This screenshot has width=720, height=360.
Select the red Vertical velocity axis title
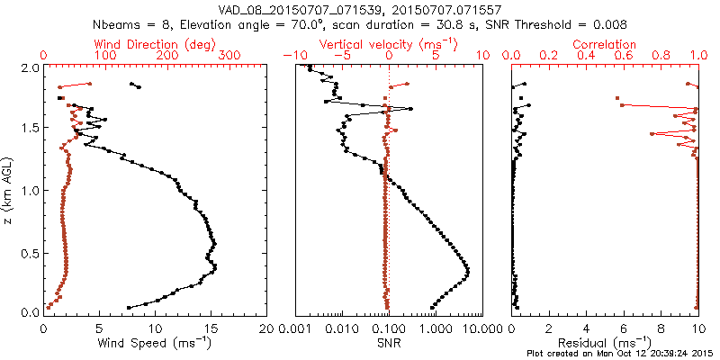point(389,44)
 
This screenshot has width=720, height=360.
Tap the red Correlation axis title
point(605,44)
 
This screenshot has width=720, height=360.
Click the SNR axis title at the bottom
point(389,343)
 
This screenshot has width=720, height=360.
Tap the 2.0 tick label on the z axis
point(29,67)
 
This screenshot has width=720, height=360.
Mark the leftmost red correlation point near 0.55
point(617,98)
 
